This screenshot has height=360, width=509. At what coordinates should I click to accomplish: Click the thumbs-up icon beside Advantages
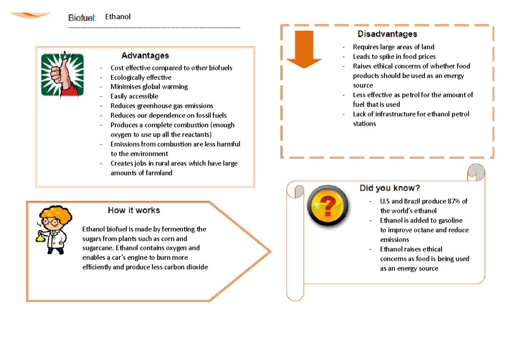[x=62, y=75]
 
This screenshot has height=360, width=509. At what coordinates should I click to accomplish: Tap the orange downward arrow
[x=304, y=49]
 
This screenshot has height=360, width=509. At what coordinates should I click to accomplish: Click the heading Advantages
[x=145, y=56]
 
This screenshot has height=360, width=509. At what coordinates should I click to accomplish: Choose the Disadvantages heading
[x=387, y=34]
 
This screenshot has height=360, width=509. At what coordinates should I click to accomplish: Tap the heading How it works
[x=134, y=210]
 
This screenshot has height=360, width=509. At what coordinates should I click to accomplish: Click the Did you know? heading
[x=390, y=188]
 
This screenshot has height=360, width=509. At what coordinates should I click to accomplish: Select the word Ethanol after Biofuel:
[x=118, y=17]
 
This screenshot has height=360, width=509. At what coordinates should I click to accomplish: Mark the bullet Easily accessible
[x=134, y=96]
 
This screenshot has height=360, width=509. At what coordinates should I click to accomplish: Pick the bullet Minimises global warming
[x=149, y=87]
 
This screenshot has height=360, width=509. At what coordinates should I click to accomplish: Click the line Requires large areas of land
[x=394, y=47]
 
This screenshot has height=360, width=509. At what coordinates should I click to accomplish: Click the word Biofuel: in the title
[x=83, y=17]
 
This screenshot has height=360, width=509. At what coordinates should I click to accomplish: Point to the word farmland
[x=159, y=173]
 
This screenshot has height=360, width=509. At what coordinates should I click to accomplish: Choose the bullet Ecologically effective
[x=141, y=77]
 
